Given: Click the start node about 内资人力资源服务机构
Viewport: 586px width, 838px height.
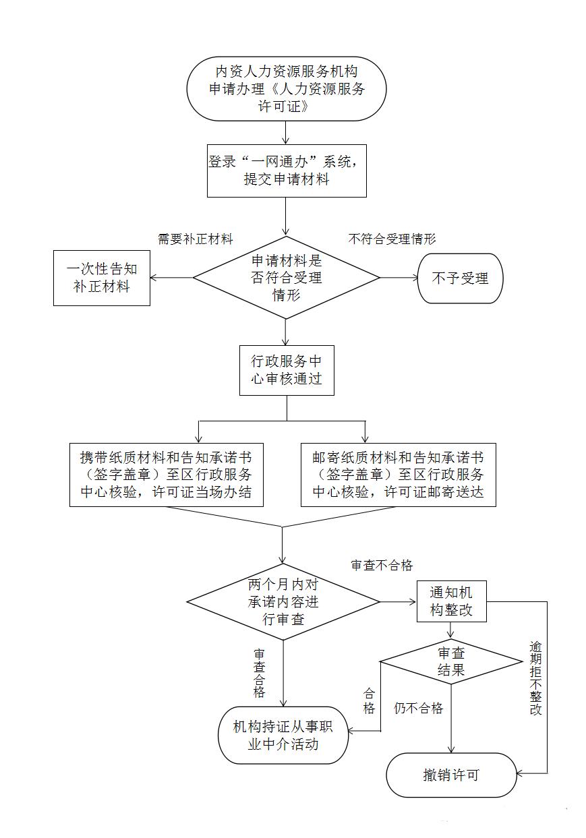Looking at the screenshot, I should pos(287,88).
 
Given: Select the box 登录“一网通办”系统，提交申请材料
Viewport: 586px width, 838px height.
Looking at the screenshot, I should pos(287,171).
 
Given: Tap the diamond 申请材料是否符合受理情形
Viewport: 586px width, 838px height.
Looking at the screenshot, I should pos(287,277).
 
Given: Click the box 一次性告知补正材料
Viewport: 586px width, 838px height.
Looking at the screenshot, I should pos(102,278).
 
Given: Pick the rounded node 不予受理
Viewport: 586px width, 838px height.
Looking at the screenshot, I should pos(460,278).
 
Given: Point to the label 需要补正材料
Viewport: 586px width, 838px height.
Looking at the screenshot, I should pos(196,239).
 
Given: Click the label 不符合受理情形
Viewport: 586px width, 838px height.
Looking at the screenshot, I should pos(392,239).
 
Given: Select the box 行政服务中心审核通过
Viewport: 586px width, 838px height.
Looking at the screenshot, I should pos(287,369).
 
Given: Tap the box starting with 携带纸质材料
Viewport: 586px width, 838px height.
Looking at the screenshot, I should pos(166,474).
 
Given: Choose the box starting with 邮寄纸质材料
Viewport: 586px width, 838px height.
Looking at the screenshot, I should pos(398,474).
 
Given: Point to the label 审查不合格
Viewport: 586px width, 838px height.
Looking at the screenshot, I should pos(382,566).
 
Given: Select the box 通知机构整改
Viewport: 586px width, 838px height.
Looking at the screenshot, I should pos(451,601).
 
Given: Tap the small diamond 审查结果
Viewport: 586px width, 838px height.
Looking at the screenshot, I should pos(451,661).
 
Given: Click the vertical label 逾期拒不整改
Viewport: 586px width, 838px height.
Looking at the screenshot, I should pos(535,678).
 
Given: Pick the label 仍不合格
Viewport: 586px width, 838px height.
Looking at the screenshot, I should pos(418,708).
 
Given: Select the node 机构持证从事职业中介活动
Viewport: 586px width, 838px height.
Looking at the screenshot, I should pos(283,735).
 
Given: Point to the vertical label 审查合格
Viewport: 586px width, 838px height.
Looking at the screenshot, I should pos(260,674).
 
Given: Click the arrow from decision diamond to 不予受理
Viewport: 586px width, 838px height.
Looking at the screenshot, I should pos(399,278).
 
